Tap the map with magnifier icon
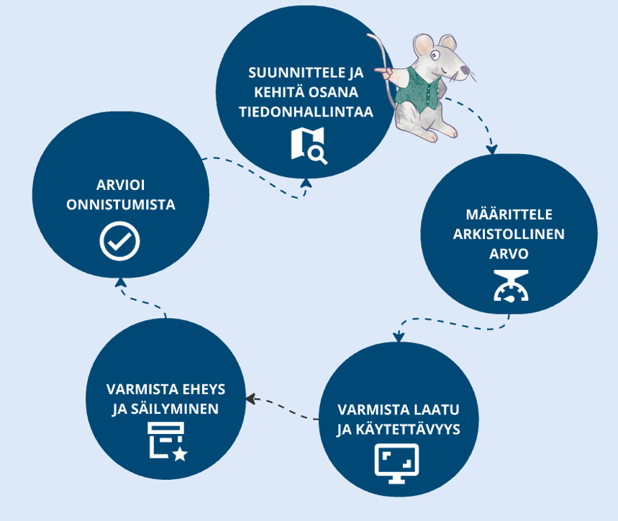coord(309,145)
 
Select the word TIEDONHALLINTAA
coord(307,112)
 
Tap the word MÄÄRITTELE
coord(508,214)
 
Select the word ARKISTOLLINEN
coord(509,235)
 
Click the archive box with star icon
coord(167,440)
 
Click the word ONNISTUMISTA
coord(120,205)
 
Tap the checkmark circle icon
coord(119,241)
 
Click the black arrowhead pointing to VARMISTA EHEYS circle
coord(250,399)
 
